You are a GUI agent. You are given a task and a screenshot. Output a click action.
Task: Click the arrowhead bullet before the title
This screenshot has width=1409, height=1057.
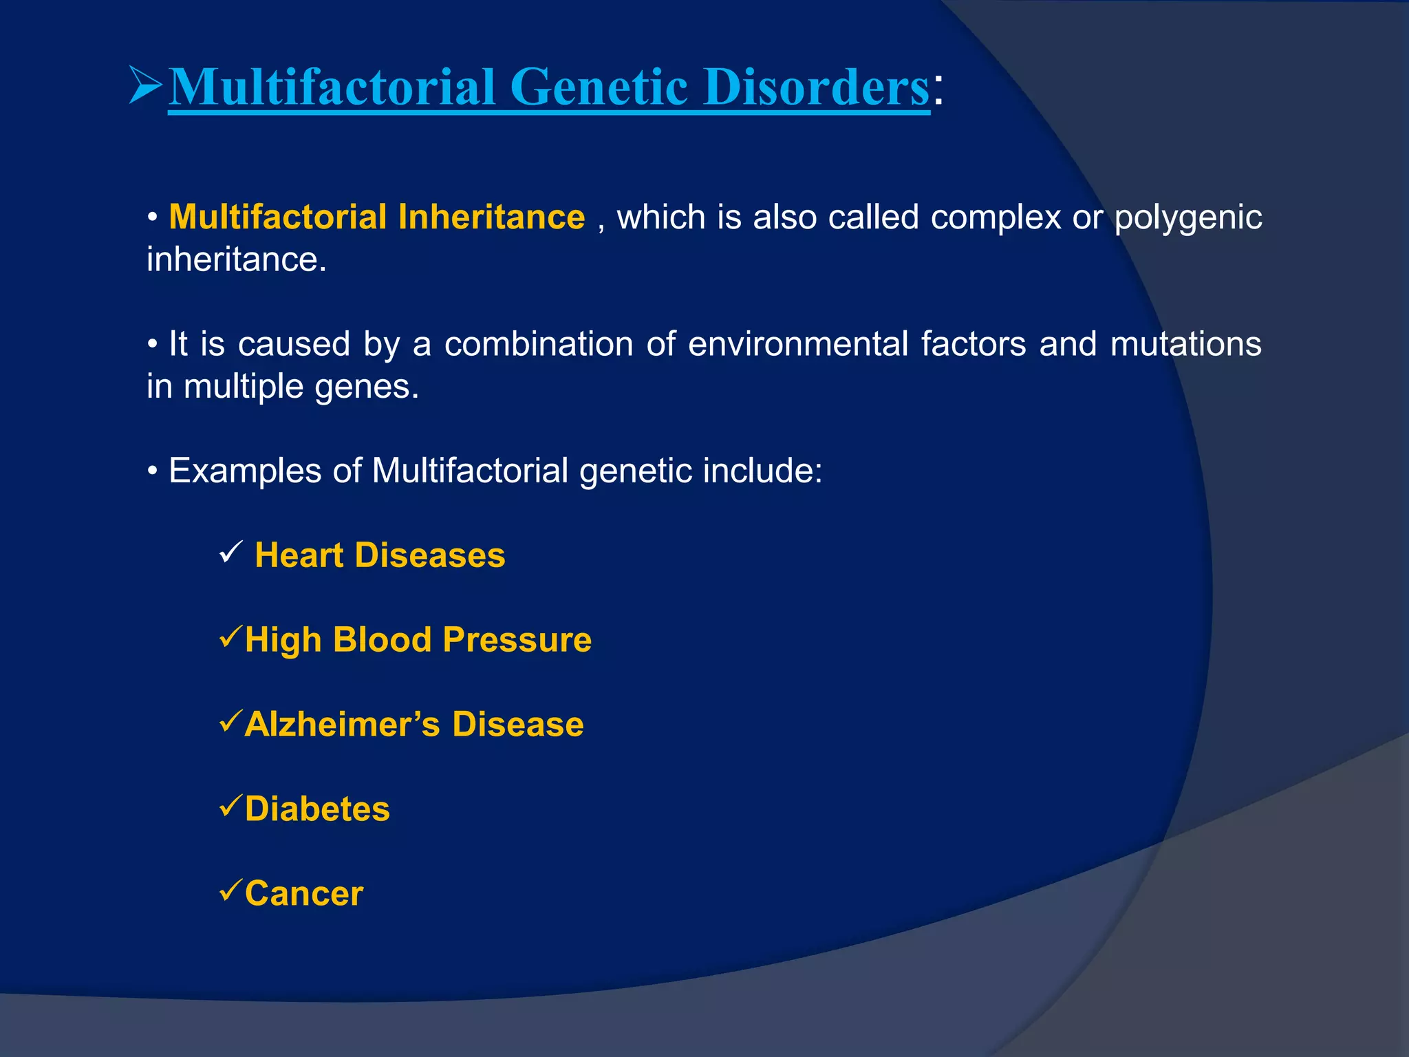tap(145, 85)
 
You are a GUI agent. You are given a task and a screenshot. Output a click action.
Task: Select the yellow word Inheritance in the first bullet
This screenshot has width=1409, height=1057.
tap(491, 217)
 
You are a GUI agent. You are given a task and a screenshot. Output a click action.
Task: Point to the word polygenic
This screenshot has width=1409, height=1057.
tap(1188, 218)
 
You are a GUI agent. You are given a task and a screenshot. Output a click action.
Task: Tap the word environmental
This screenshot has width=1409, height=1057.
tap(798, 343)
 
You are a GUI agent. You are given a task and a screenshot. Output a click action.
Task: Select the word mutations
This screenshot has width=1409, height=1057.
tap(1185, 343)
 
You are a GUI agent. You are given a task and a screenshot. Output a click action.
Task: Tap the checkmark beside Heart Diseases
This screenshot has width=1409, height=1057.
tap(230, 552)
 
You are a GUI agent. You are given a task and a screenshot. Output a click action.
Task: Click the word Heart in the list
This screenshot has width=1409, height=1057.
tap(299, 555)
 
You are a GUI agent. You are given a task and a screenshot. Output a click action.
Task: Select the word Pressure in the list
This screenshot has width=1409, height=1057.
tap(517, 640)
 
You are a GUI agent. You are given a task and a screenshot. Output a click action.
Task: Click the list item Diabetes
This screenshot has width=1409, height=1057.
tap(317, 809)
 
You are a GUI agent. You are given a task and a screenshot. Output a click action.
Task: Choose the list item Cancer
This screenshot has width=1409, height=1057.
tap(303, 893)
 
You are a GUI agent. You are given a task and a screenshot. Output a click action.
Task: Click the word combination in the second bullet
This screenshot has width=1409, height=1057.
tap(539, 343)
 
